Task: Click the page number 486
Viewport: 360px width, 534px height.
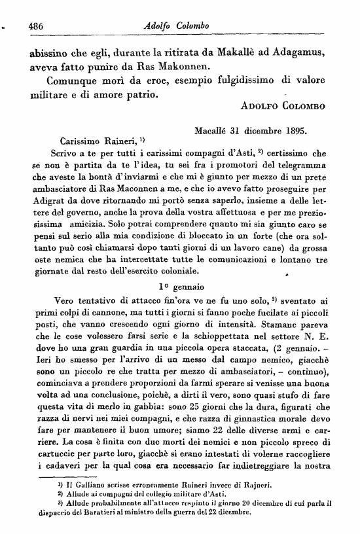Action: coord(31,25)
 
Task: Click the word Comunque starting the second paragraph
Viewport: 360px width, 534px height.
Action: coord(77,82)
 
